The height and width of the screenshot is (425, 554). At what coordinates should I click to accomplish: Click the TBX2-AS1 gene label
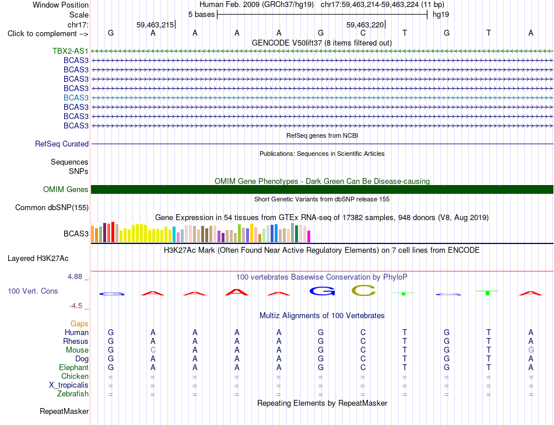(x=71, y=51)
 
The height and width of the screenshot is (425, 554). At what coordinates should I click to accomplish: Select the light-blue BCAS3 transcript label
(x=76, y=97)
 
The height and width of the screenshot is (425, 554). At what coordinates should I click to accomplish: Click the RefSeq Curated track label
(x=62, y=144)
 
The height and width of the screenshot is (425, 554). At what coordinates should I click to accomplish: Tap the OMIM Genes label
(x=66, y=190)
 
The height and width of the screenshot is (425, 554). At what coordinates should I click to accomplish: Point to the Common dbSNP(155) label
(x=52, y=208)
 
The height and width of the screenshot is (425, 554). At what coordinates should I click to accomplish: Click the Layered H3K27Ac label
(x=38, y=259)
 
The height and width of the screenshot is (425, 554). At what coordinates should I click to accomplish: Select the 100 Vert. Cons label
(x=33, y=291)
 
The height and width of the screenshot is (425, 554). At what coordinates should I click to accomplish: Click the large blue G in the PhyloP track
(x=322, y=291)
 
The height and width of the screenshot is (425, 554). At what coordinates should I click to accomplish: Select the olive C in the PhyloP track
(x=363, y=291)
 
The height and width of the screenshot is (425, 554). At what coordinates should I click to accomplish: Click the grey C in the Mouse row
(x=153, y=350)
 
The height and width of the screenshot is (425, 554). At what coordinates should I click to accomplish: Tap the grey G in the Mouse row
(x=531, y=350)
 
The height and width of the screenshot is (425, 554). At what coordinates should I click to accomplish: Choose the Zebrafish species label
(x=73, y=394)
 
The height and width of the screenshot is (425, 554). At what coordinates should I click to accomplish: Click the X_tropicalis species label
(x=69, y=385)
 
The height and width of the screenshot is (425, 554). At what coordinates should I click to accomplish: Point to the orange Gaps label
(x=79, y=324)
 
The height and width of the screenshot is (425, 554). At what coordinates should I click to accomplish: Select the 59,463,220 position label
(x=365, y=25)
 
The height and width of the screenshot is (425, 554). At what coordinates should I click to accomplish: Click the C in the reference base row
(x=363, y=33)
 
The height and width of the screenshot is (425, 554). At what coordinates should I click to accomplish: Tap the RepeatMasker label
(x=64, y=411)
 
